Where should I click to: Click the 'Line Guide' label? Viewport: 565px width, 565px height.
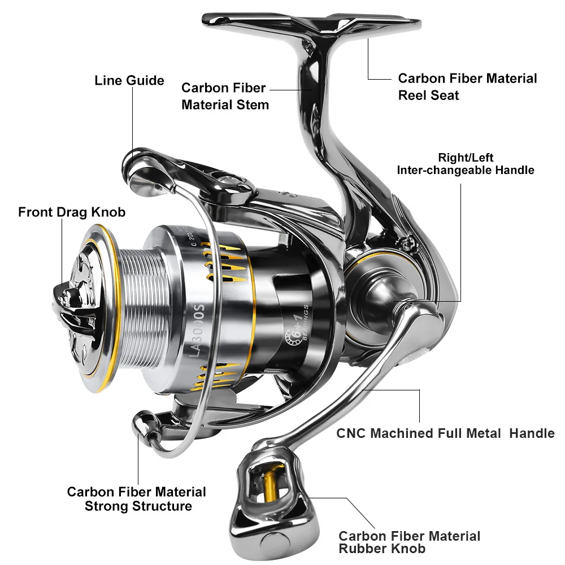click(129, 81)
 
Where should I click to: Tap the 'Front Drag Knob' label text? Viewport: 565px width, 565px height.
click(72, 212)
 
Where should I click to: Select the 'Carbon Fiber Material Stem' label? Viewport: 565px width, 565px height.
click(225, 97)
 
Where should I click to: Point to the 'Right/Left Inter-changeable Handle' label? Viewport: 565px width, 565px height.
click(466, 164)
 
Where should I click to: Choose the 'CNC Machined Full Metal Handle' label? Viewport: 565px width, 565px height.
click(445, 433)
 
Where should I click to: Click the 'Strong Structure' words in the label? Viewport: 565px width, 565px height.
click(138, 506)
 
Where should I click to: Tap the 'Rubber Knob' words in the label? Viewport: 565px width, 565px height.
click(382, 548)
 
